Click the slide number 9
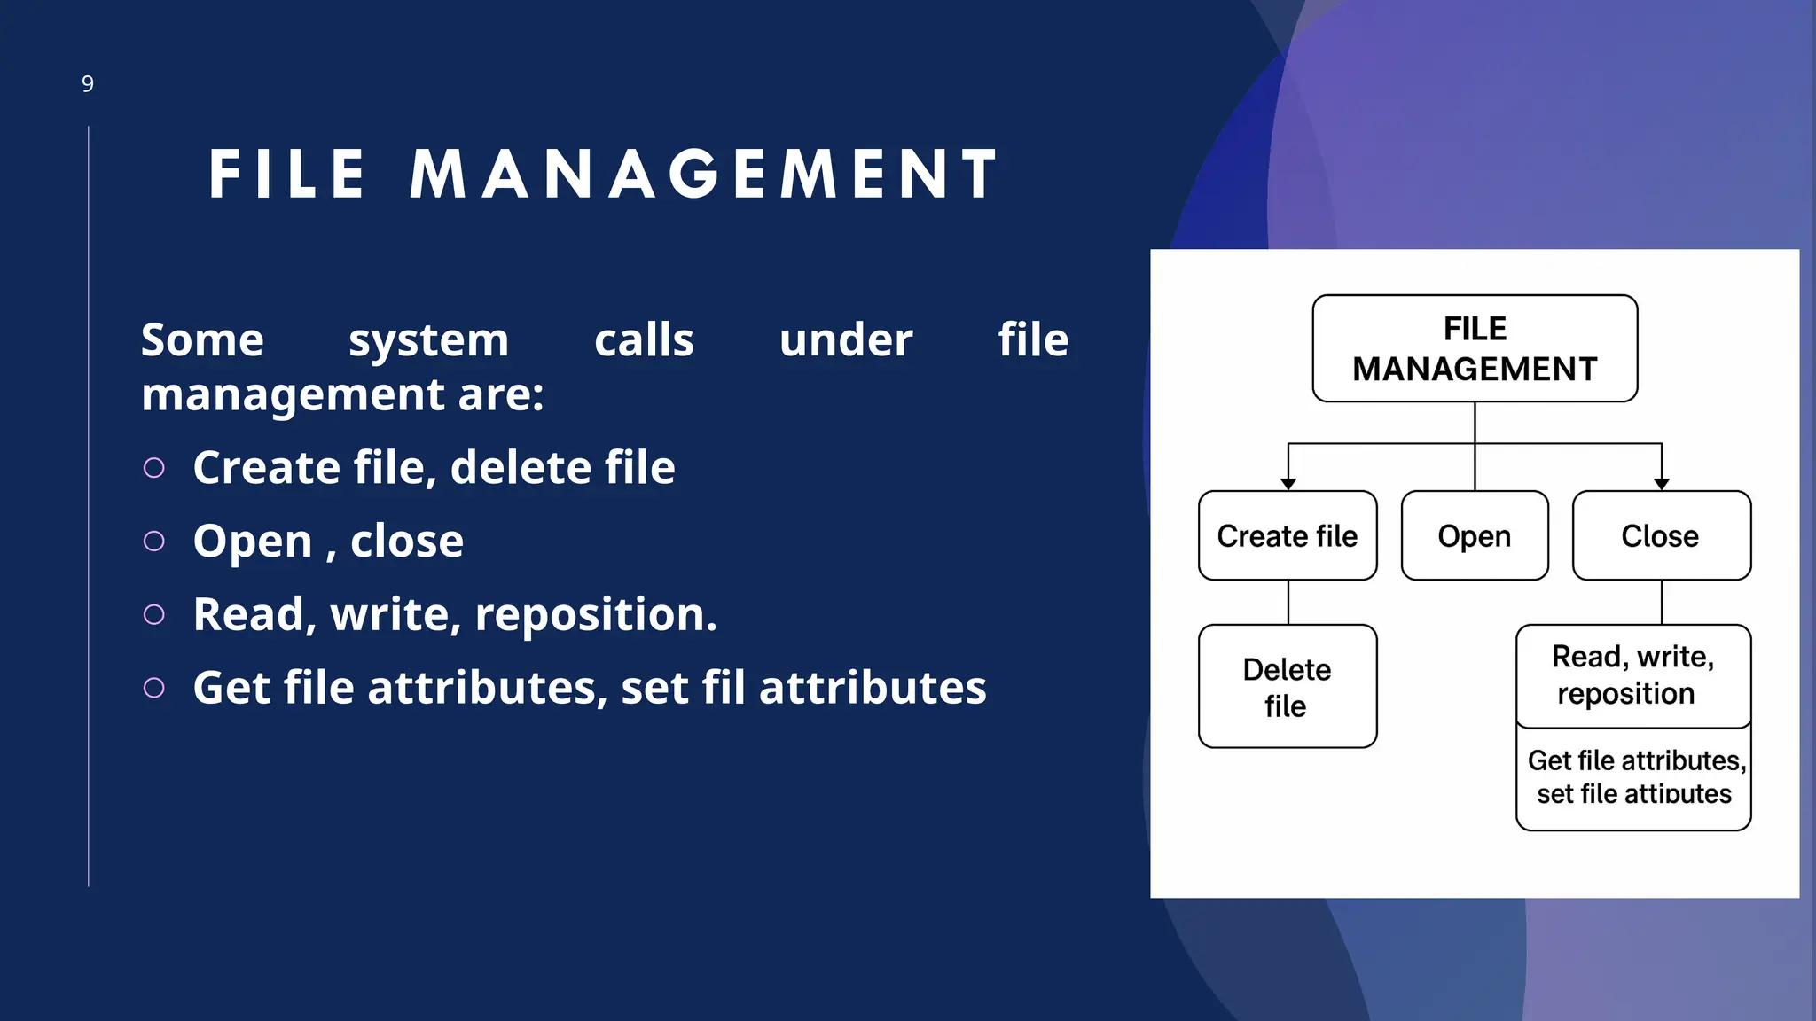pos(88,84)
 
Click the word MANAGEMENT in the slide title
pos(705,174)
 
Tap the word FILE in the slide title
pos(287,174)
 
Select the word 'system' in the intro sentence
pos(428,340)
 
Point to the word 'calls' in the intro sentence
pos(644,340)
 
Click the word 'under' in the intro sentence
pos(846,340)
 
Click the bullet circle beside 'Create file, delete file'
pos(154,468)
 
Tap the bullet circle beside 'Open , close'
pos(154,542)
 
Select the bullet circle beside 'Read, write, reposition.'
pos(154,615)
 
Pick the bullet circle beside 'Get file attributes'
pos(154,688)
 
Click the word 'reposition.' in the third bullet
pos(596,614)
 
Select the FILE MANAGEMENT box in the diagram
pos(1475,348)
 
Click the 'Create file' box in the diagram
pos(1288,535)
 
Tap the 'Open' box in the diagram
pos(1475,535)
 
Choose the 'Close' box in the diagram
pos(1661,535)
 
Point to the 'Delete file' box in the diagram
pos(1288,687)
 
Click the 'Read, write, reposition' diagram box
pos(1633,675)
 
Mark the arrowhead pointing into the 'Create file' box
pos(1288,484)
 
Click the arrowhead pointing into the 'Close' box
pos(1662,484)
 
